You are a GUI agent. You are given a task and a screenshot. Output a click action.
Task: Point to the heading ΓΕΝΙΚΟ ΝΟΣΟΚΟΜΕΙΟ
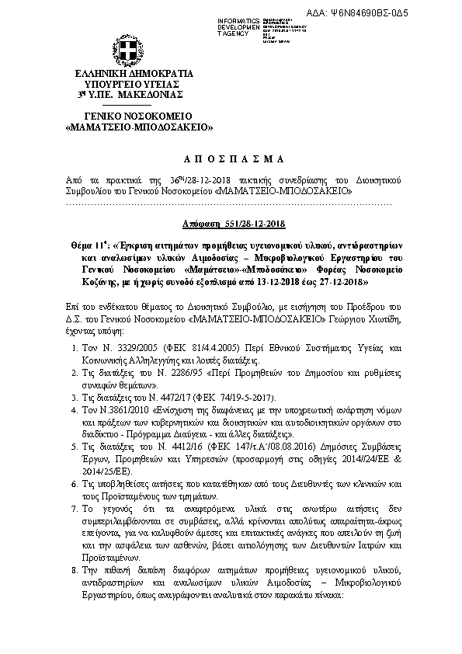pos(129,115)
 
